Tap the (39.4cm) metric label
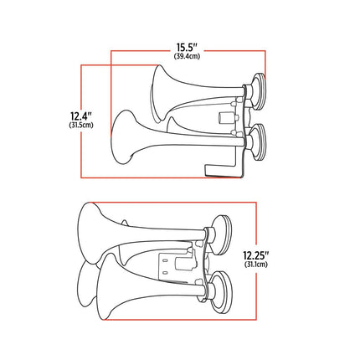(x=187, y=56)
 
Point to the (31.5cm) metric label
(x=81, y=125)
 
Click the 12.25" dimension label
(x=256, y=255)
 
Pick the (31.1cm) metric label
(x=256, y=264)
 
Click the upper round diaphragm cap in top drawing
(x=258, y=91)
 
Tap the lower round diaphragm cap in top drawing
(x=259, y=142)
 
